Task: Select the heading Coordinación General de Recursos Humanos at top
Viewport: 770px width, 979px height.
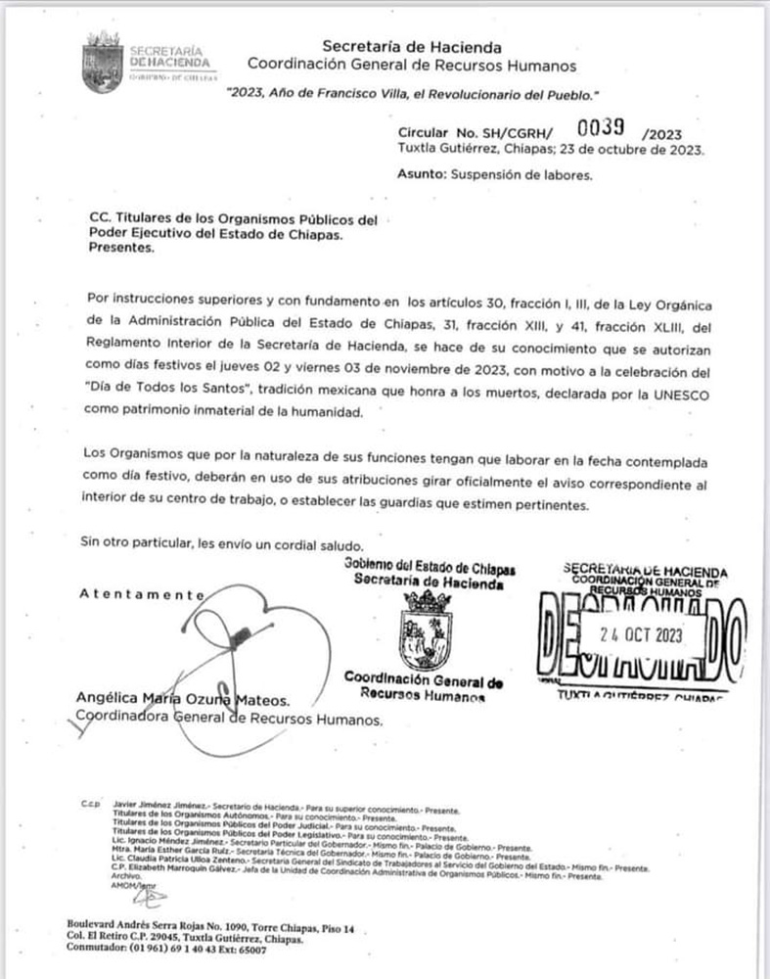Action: coord(411,65)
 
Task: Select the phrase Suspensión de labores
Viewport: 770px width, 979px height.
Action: coord(521,175)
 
